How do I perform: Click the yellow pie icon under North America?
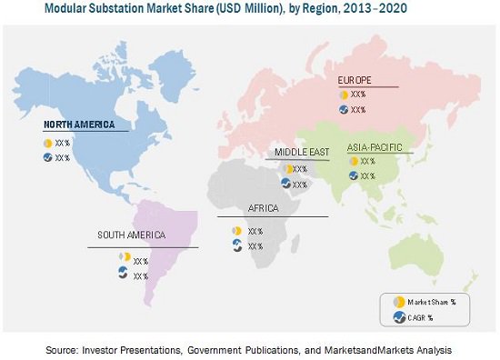[x=46, y=143]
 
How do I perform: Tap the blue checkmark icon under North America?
[x=46, y=157]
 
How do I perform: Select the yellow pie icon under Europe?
[x=344, y=95]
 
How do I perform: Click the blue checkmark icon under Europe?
[x=344, y=109]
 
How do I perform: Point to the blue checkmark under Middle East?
[x=285, y=184]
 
